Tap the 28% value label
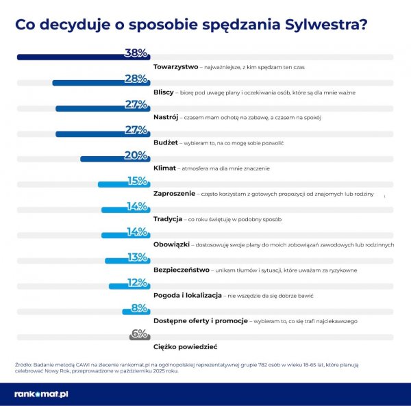tap(136, 79)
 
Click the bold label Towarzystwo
tap(175, 67)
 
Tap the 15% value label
tap(137, 181)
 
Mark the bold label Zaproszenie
tap(175, 194)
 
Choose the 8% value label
tap(140, 307)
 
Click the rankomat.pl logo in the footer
tap(41, 394)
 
